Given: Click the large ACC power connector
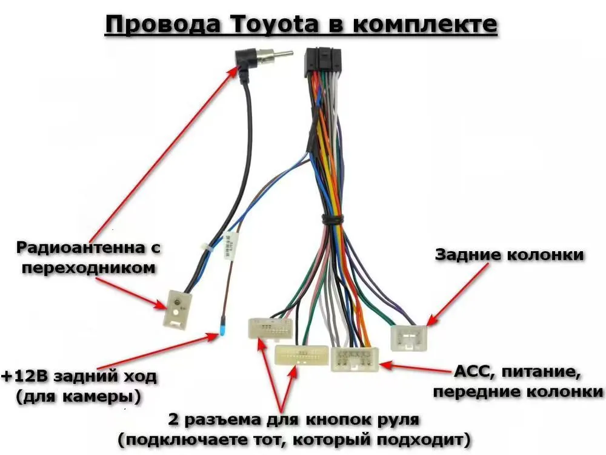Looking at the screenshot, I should pos(355,359).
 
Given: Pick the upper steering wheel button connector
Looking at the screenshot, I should pos(270,328).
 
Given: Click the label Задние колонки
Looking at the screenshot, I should pos(510,255).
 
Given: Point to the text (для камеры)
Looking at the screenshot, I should pos(76,397).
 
